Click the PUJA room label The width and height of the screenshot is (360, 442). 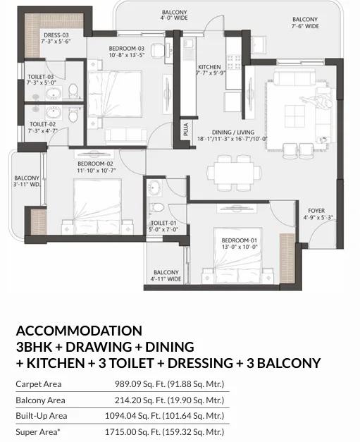(x=185, y=130)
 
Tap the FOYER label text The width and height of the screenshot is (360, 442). (x=316, y=211)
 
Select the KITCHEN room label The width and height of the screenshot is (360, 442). (x=209, y=67)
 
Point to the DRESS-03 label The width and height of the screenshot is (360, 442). (x=56, y=35)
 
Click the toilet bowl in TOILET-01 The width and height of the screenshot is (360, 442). (x=156, y=207)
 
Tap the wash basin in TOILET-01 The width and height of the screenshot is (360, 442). (x=154, y=188)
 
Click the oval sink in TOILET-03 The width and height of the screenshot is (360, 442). (x=54, y=94)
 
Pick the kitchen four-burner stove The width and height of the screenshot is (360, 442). (x=233, y=62)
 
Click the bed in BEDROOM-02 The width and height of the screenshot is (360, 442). (x=97, y=206)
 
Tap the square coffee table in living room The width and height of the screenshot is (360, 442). (x=294, y=116)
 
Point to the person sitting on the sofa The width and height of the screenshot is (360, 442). (x=317, y=102)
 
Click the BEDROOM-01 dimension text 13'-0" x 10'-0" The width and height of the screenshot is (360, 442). (x=240, y=247)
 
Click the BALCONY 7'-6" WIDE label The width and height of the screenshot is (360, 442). (x=305, y=23)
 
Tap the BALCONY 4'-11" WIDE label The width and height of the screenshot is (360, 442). (x=166, y=276)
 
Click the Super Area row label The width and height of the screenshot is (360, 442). (x=38, y=432)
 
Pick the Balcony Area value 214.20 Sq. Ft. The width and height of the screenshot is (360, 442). (x=139, y=400)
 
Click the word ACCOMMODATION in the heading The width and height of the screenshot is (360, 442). (x=79, y=331)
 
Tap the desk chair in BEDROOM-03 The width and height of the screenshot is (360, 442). (x=157, y=50)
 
